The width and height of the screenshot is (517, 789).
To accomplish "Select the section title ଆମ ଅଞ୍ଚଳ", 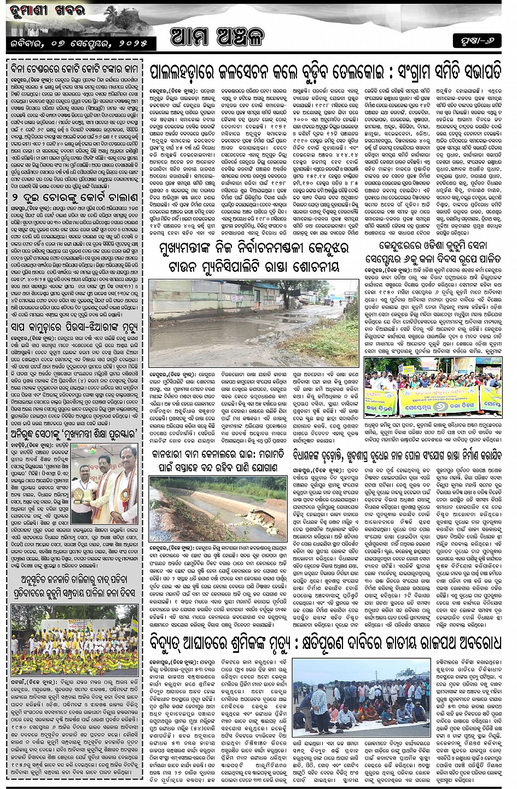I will click(217, 37).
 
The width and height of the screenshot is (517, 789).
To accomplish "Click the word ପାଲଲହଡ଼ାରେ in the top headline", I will click(187, 72).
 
